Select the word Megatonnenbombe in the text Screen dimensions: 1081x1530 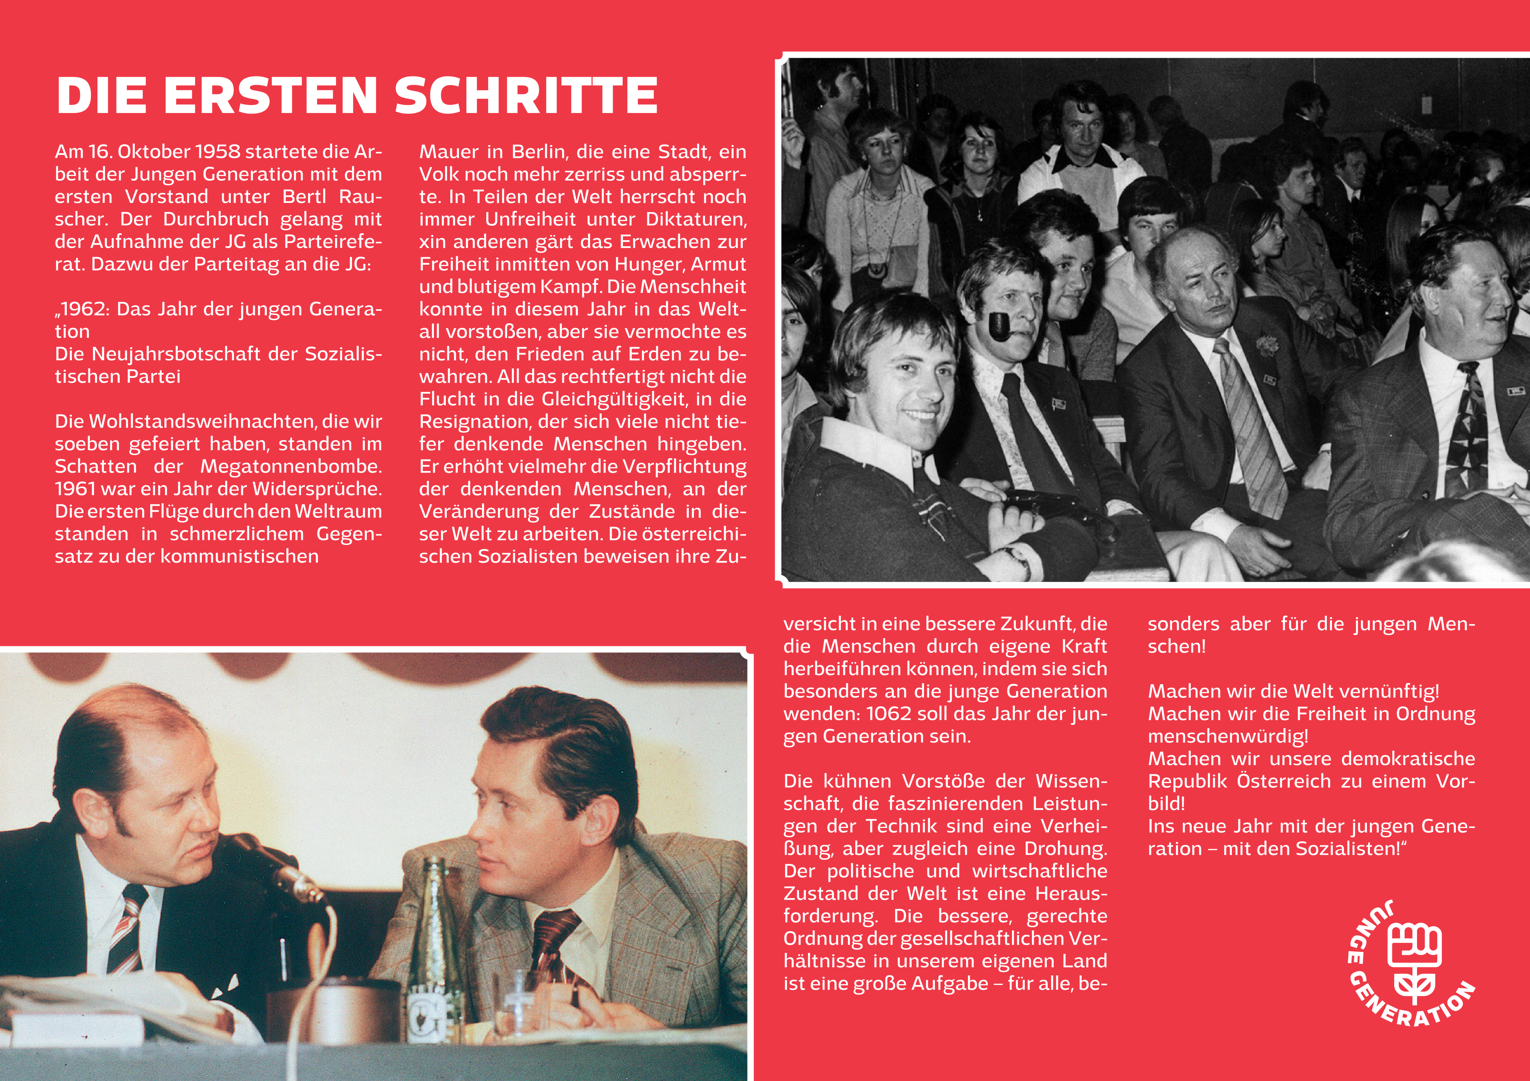(291, 466)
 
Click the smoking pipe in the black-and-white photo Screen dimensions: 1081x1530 (999, 327)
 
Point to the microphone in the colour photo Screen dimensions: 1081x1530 (293, 880)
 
